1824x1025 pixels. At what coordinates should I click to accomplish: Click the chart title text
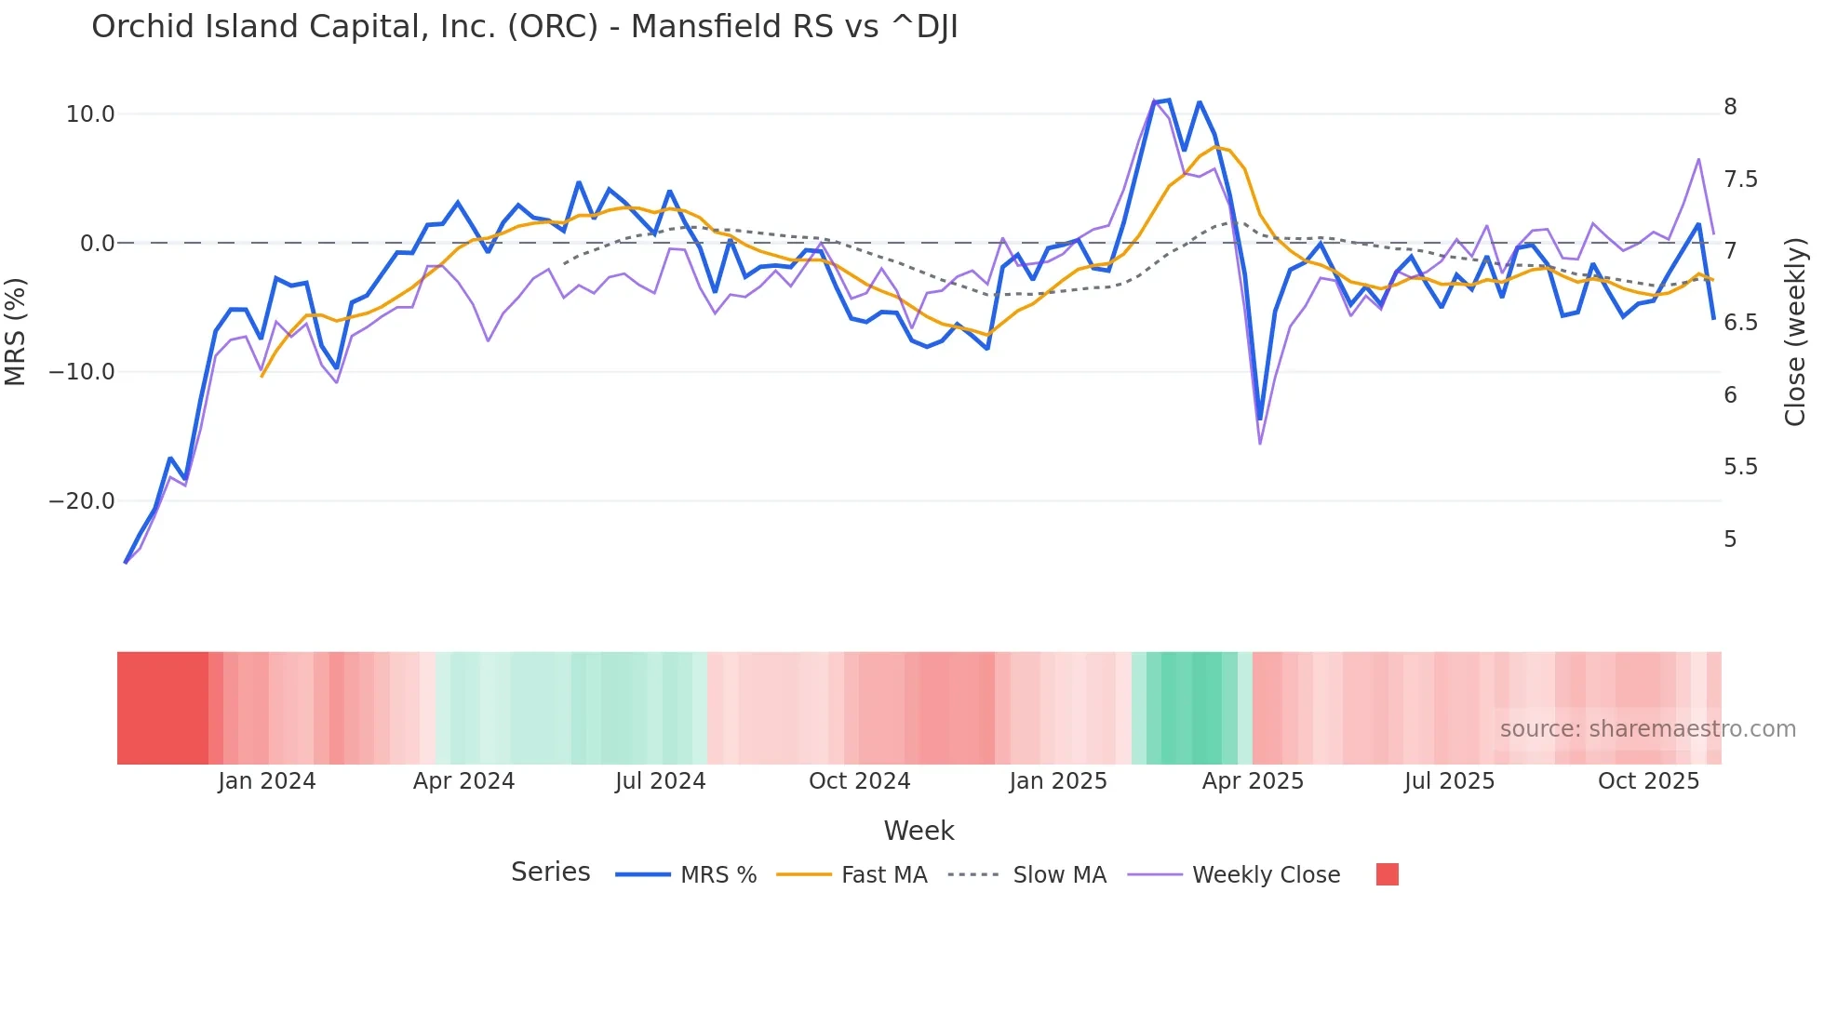tap(524, 27)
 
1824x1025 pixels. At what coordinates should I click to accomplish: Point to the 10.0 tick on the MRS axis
tap(90, 114)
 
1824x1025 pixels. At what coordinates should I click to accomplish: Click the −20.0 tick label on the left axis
tap(83, 501)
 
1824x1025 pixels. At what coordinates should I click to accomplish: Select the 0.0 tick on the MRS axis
tap(98, 244)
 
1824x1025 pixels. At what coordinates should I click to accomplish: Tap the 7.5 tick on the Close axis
tap(1740, 180)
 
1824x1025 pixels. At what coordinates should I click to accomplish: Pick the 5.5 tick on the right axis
tap(1740, 467)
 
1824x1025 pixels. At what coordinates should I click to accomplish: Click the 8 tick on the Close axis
tap(1730, 107)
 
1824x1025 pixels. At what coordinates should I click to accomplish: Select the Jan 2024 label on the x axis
tap(267, 781)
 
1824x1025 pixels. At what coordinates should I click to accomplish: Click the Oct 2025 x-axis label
tap(1648, 781)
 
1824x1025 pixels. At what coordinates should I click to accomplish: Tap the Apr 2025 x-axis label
tap(1253, 781)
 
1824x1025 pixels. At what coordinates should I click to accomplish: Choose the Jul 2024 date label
tap(661, 781)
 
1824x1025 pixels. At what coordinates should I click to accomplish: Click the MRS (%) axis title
tap(16, 331)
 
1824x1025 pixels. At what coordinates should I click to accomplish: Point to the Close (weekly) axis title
tap(1795, 331)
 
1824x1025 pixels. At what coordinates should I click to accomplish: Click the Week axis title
tap(919, 831)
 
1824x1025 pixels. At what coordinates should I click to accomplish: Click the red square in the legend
tap(1387, 874)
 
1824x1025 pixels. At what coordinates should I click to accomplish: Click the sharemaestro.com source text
tap(1647, 729)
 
